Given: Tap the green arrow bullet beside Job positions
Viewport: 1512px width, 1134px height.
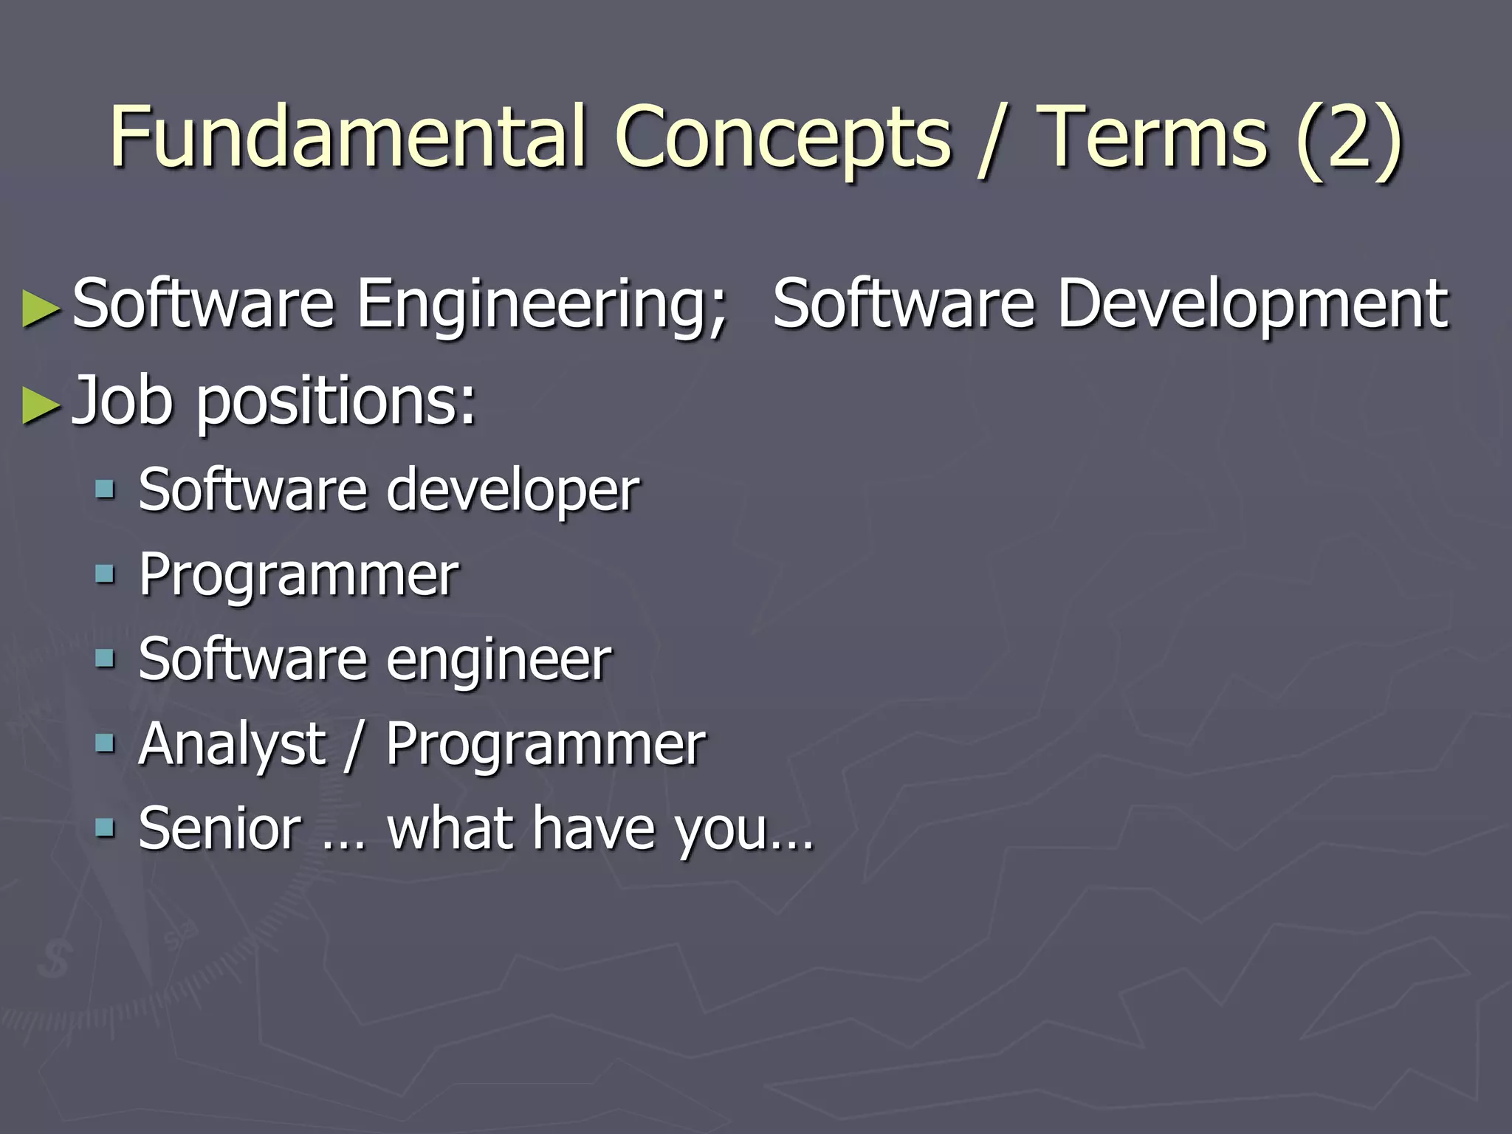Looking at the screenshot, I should pyautogui.click(x=40, y=405).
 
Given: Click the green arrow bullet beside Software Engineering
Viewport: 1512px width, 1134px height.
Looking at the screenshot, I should pyautogui.click(x=40, y=308).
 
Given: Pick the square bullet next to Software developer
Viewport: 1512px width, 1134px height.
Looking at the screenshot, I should pyautogui.click(x=106, y=489).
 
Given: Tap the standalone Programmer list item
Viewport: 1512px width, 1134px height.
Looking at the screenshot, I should pyautogui.click(x=298, y=575).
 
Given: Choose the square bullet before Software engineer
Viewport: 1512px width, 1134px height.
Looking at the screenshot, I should pyautogui.click(x=106, y=659).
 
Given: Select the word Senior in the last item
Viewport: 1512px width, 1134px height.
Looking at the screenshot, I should pyautogui.click(x=220, y=828).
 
